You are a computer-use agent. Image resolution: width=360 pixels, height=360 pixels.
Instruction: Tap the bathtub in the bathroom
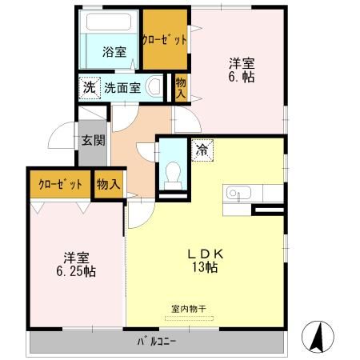(111, 24)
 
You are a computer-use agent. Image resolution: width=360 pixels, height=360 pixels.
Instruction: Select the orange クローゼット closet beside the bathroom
(165, 39)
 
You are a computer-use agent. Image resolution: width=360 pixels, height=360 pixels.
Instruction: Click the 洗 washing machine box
(86, 87)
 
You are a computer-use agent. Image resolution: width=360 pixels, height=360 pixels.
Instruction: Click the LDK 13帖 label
(210, 260)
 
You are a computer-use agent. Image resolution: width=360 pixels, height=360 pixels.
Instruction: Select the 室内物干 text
(189, 307)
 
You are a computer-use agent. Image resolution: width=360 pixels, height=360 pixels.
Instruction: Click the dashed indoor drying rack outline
(189, 318)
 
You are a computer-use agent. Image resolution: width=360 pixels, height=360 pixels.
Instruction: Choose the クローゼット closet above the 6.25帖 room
(60, 185)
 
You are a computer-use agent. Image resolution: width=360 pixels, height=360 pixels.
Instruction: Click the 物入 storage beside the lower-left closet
(108, 185)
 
